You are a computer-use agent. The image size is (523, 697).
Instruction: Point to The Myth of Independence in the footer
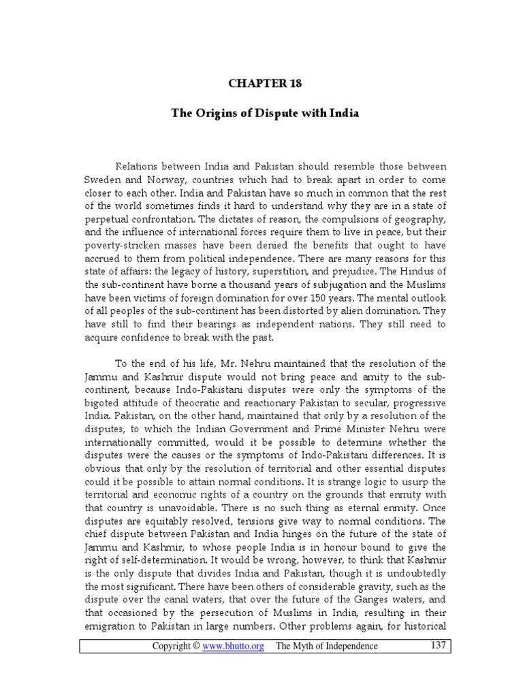[x=326, y=646]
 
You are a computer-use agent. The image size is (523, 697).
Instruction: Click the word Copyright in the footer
[x=170, y=646]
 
